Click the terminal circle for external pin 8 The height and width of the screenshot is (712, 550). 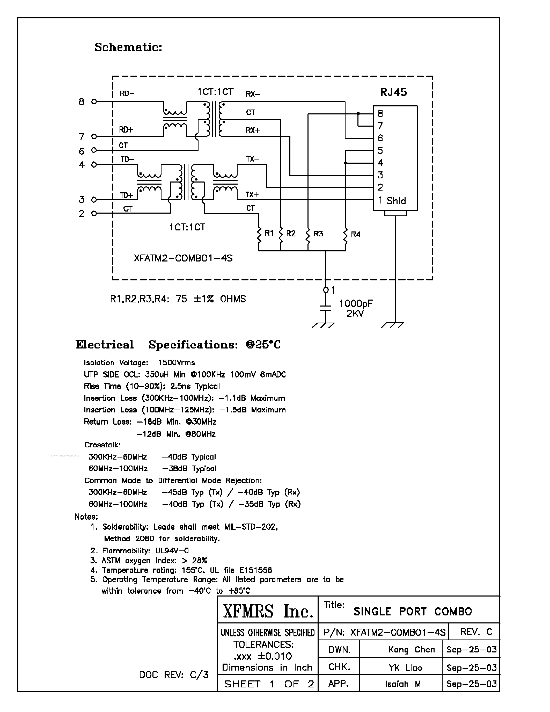point(94,102)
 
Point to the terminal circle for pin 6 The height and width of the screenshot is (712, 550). point(94,150)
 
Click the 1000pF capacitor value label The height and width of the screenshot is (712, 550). point(356,304)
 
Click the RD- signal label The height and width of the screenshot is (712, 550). point(127,94)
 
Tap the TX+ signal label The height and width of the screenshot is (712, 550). point(252,195)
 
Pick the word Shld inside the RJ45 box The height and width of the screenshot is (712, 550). point(396,201)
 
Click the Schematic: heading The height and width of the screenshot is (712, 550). point(128,47)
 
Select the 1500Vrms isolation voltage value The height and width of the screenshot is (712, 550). point(177,362)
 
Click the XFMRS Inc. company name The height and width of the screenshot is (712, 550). point(268,611)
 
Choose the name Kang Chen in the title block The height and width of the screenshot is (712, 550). point(412,650)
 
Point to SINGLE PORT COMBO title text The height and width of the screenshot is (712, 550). point(413,612)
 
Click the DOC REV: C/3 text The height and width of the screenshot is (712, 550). point(174,674)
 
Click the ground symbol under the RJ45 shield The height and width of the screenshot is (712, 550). point(393,325)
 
